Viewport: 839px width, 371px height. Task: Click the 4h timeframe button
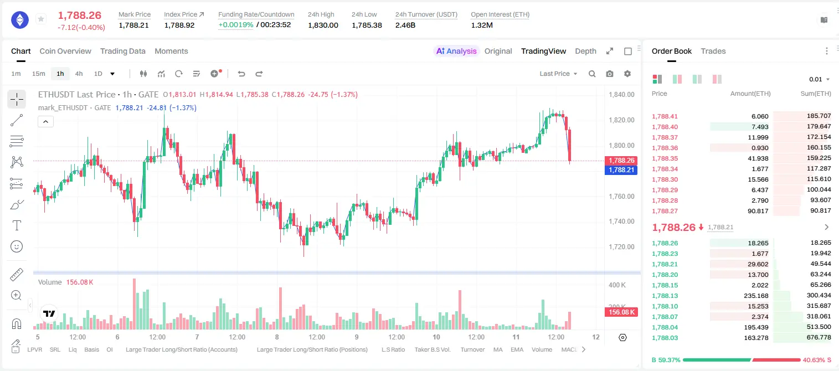pos(79,74)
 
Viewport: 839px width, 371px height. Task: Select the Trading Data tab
pos(122,51)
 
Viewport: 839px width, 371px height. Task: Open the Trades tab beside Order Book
pos(713,51)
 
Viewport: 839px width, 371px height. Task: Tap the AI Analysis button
pos(456,51)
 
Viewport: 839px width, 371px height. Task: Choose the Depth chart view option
pos(585,51)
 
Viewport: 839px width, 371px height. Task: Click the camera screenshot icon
pos(610,74)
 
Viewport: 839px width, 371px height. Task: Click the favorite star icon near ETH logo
pos(41,19)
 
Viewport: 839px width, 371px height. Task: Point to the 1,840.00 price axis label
pos(621,94)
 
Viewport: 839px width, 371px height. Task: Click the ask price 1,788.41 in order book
pos(665,116)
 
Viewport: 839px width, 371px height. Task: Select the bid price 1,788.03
pos(665,338)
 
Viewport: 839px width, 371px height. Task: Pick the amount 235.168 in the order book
pos(756,296)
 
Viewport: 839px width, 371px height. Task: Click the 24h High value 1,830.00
pos(323,25)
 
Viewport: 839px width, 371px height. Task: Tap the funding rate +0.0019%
pos(236,25)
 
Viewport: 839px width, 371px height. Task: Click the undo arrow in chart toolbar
pos(241,74)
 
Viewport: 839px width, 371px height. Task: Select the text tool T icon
pos(17,225)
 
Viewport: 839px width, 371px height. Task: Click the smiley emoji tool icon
pos(17,246)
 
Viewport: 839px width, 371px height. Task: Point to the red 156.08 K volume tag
pos(621,312)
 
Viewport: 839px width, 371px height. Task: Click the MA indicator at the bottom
pos(498,349)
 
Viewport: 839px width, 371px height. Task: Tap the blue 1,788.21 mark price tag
pos(621,170)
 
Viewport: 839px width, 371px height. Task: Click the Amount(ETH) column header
pos(750,94)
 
